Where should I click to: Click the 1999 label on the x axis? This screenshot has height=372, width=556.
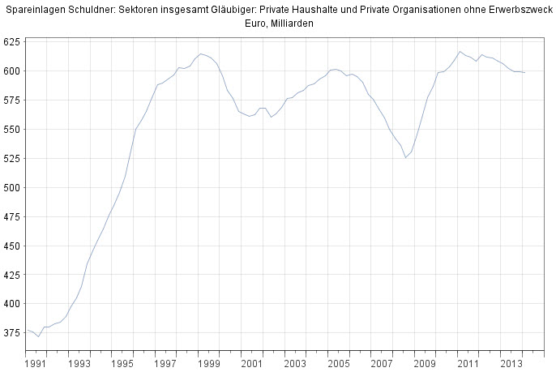coord(208,364)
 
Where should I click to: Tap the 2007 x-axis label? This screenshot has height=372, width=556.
coord(380,364)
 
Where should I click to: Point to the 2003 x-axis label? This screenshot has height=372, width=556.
coord(294,364)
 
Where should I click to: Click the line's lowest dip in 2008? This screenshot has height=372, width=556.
coord(406,157)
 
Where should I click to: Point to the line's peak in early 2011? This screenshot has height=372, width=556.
coord(460,51)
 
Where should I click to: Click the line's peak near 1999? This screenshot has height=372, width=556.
coord(201,53)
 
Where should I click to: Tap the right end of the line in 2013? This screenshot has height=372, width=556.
coord(524,73)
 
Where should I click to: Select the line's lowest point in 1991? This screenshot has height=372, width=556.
coord(38,336)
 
